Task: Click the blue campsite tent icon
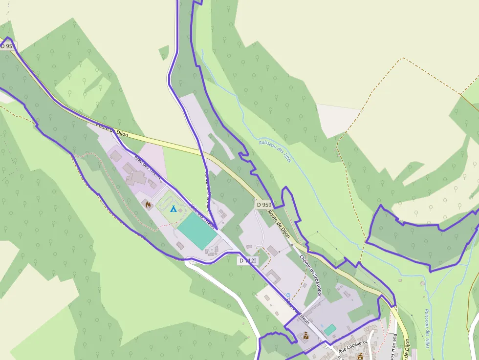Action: coord(173,209)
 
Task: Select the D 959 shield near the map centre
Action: coord(264,205)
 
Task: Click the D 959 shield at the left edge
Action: coord(7,46)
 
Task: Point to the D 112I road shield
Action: coord(248,261)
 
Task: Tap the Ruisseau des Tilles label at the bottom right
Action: coord(427,328)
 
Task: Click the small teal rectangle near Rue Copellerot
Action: coord(330,329)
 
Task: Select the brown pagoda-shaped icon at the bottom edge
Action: coord(361,357)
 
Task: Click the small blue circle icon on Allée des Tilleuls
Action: coord(288,295)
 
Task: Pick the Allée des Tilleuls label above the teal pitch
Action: coord(202,216)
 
